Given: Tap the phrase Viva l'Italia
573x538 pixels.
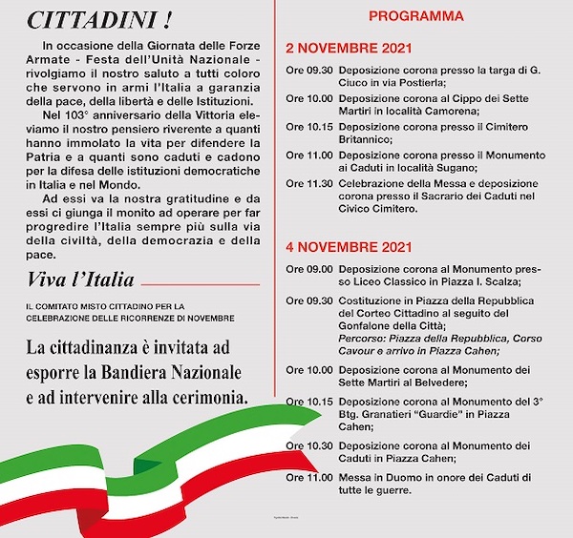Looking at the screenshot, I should click(x=80, y=279).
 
